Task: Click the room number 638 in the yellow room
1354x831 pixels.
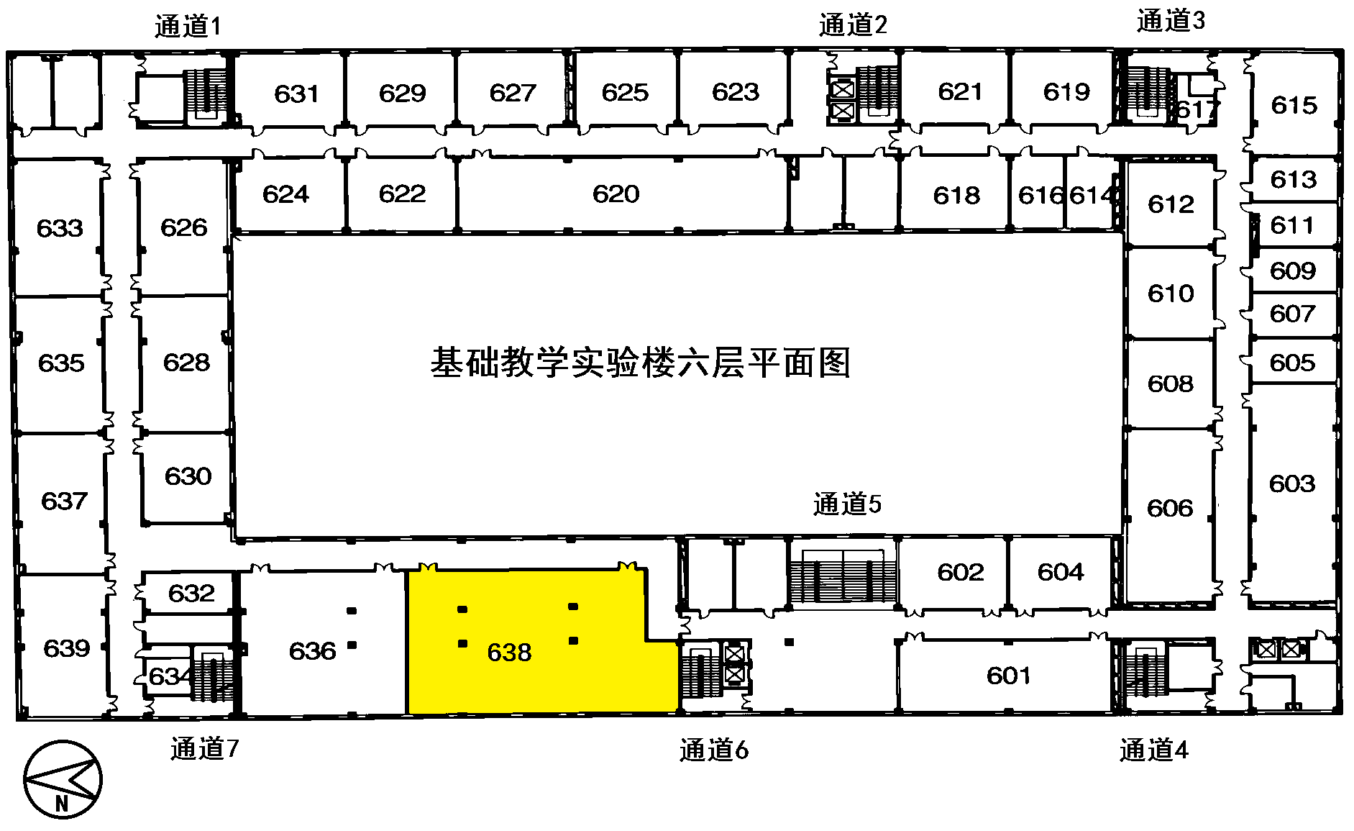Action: coord(509,653)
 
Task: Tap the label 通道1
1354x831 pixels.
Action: coord(188,27)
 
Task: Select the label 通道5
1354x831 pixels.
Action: coord(847,504)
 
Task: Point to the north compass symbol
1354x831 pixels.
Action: coord(63,779)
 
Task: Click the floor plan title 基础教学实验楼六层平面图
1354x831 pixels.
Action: coord(640,363)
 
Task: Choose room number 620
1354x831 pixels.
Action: coord(616,194)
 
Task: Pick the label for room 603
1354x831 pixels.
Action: coord(1291,483)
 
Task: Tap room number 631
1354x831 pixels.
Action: coord(296,94)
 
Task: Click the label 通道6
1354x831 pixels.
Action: coord(713,750)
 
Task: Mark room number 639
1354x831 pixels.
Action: coord(66,648)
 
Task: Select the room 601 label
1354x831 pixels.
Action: coord(1008,676)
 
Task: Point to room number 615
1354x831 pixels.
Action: coord(1294,106)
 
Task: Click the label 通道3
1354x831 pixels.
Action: coord(1171,21)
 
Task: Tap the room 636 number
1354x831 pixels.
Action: coord(312,651)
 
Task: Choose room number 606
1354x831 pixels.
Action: coord(1170,509)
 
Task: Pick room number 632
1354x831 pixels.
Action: coord(191,594)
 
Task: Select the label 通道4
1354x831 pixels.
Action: coord(1153,750)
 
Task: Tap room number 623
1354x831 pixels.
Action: coord(735,92)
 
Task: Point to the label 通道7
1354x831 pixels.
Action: coord(204,749)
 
